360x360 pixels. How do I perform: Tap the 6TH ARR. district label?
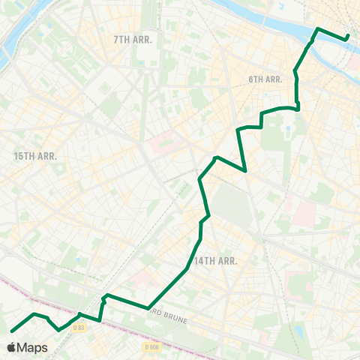[265, 79]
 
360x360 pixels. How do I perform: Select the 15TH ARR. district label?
[36, 156]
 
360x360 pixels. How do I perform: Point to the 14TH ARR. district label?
[215, 261]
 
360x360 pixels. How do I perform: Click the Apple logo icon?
[12, 348]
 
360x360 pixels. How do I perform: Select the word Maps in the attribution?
[33, 348]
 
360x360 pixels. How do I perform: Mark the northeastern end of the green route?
[348, 37]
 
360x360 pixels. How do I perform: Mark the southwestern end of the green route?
[11, 331]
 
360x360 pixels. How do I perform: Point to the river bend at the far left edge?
[6, 49]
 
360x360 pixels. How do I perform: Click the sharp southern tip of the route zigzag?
[247, 170]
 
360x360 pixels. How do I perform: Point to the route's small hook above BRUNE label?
[106, 295]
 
